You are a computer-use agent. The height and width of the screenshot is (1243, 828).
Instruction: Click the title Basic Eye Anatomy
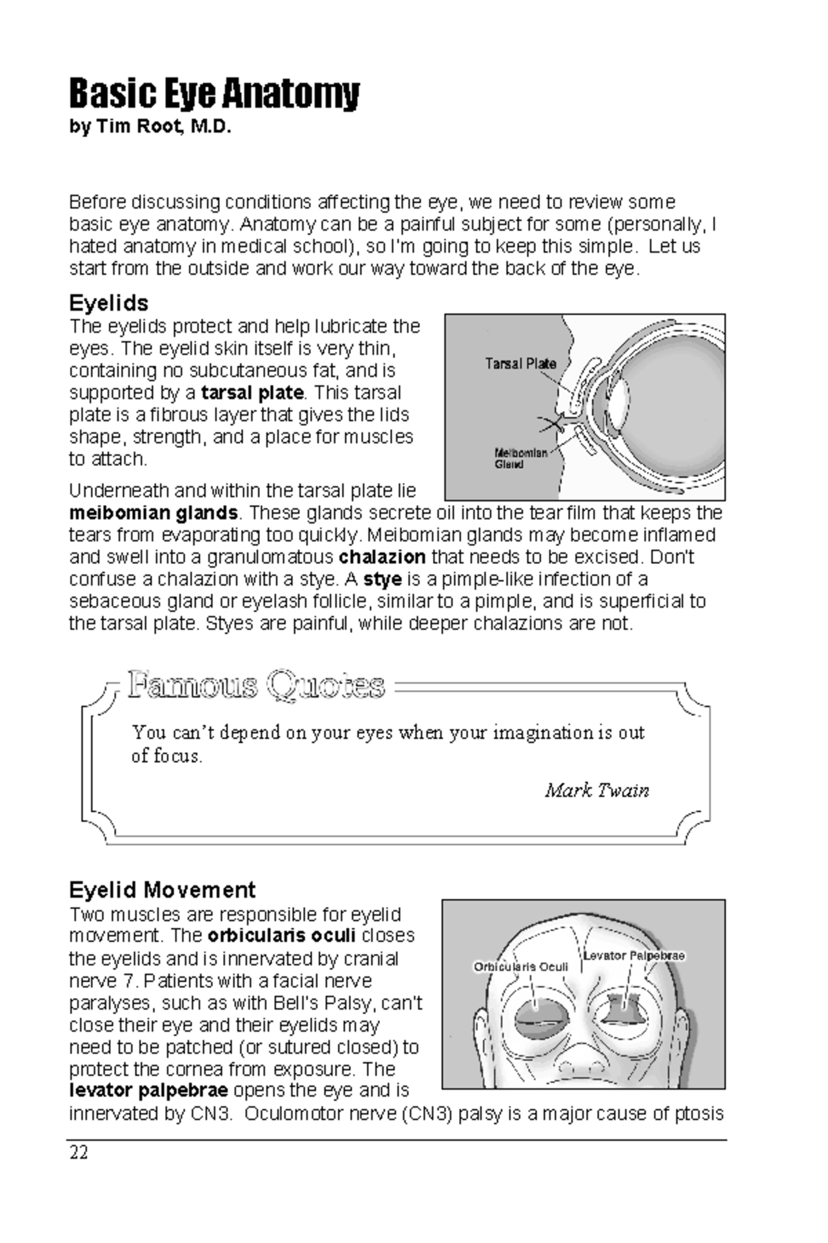point(214,94)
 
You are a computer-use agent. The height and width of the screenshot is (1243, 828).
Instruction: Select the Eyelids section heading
point(109,302)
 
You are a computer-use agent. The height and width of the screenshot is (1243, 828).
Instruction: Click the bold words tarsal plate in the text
point(252,392)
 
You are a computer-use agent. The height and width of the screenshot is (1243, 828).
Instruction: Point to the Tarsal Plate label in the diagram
point(520,363)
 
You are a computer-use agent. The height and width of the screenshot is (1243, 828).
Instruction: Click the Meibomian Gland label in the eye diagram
point(521,459)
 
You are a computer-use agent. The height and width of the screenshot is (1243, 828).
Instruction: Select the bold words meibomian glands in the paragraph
point(153,513)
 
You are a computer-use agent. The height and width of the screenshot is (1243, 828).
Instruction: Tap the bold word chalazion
point(382,557)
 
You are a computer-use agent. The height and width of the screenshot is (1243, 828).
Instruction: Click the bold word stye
point(382,579)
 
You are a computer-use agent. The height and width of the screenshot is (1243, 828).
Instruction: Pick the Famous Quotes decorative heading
point(256,686)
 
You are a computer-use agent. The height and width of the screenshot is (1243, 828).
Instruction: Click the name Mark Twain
point(597,790)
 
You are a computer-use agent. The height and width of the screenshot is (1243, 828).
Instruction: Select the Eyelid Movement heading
point(162,889)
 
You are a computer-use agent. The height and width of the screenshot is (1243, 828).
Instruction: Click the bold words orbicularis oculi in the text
point(281,936)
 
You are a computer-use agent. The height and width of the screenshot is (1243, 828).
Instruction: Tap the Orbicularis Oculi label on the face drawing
point(520,967)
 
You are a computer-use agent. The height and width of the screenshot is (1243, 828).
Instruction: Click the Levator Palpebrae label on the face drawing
point(633,956)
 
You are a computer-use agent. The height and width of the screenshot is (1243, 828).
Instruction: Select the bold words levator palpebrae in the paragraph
point(148,1091)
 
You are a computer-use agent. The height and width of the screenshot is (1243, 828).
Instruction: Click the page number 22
point(79,1153)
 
